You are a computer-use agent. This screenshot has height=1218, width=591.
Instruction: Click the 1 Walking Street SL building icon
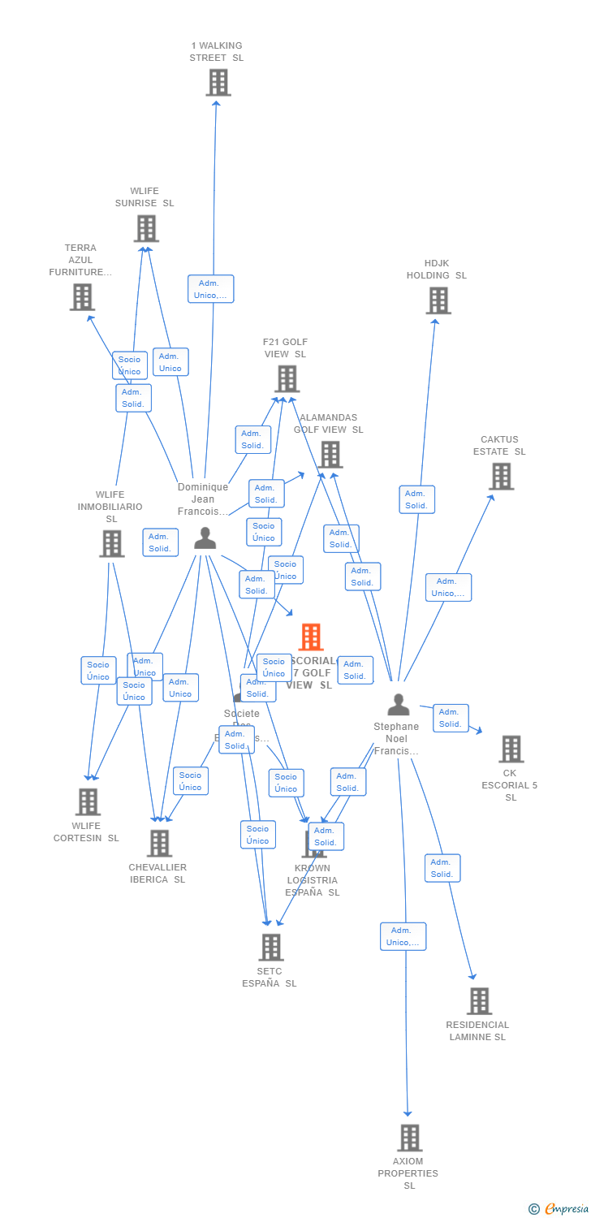coord(218,83)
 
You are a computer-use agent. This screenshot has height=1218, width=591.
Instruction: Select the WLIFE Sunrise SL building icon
coord(146,229)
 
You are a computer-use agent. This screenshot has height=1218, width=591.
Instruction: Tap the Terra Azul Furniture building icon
coord(82,297)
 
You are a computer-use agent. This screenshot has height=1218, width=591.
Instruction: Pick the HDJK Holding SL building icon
coord(438,300)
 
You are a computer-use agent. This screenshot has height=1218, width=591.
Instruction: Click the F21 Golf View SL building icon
coord(287,379)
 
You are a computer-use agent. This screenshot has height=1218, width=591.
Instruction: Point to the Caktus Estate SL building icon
coord(502,477)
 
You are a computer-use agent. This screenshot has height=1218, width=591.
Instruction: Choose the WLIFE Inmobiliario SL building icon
coord(111,544)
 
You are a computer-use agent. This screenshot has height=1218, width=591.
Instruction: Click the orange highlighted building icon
coord(311,637)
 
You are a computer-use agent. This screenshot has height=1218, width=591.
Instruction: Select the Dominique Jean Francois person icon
coord(205,538)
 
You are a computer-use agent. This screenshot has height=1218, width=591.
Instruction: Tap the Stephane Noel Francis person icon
coord(398,705)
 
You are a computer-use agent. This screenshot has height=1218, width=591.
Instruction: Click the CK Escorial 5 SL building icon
coord(511,749)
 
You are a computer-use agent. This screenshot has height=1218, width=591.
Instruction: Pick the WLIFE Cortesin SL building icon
coord(88,802)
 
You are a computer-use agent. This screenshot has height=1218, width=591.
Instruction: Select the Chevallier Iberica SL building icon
coord(159,844)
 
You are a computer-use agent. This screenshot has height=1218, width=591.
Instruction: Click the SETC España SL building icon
coord(270,947)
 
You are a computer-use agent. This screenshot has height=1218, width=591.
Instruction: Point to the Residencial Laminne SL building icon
coord(479,1001)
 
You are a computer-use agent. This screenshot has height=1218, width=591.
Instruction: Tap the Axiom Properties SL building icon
coord(410,1138)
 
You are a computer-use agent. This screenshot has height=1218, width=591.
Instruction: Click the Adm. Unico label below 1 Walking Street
coord(211,289)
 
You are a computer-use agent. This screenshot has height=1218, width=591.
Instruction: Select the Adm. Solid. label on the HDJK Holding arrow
coord(416,499)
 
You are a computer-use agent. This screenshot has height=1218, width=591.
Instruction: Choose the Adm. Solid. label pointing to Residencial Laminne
coord(442,868)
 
